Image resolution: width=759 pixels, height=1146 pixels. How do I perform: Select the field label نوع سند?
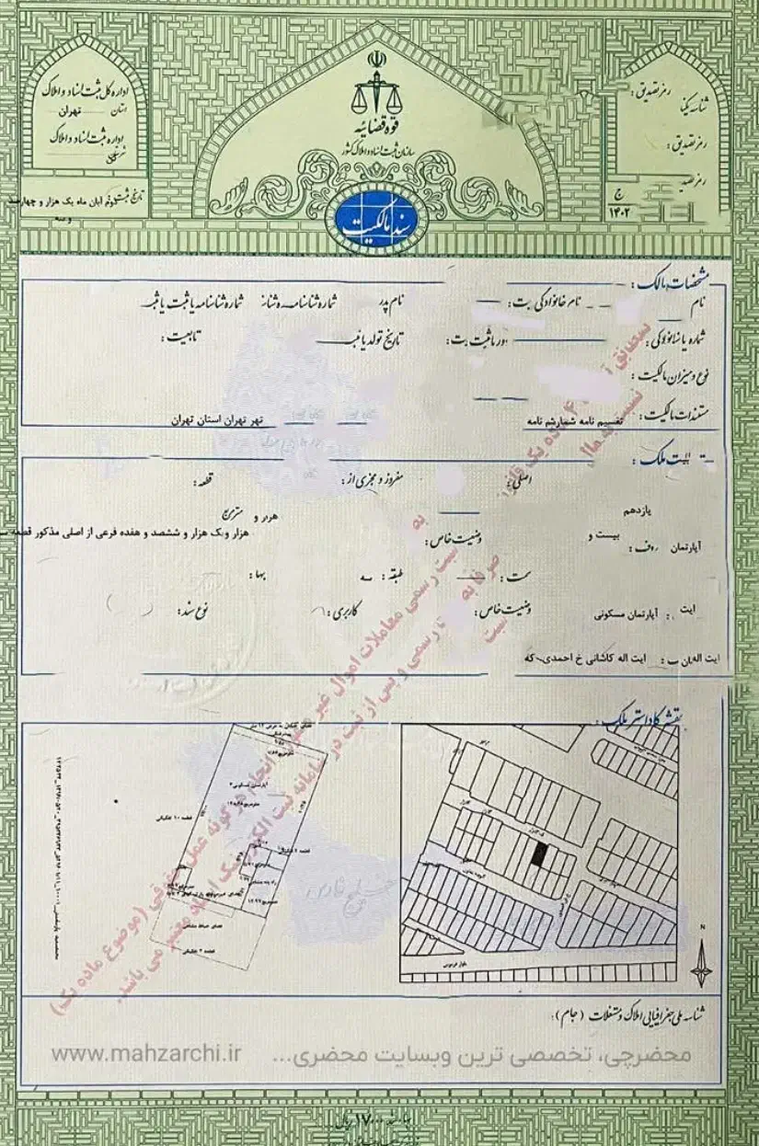pos(194,609)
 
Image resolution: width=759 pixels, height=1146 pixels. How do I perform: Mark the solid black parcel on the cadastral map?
pos(540,854)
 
